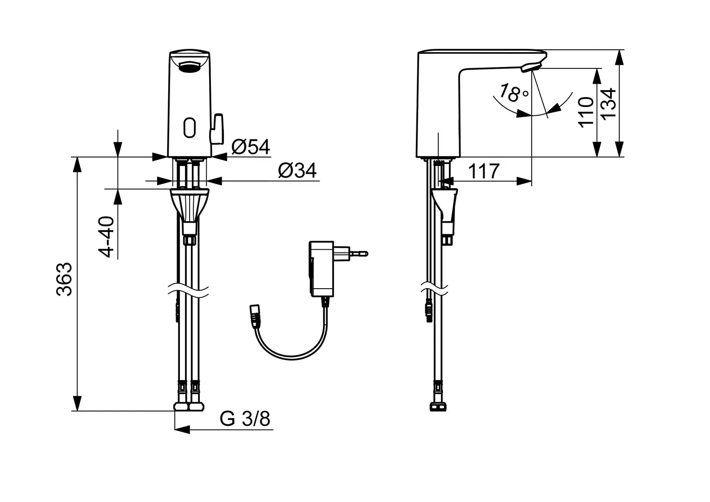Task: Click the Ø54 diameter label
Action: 250,147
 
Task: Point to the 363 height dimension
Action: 65,279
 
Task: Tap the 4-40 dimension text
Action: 107,237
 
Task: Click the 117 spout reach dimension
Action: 483,172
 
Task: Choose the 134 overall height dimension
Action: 608,103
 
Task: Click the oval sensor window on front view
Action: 190,127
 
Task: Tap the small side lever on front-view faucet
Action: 217,128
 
